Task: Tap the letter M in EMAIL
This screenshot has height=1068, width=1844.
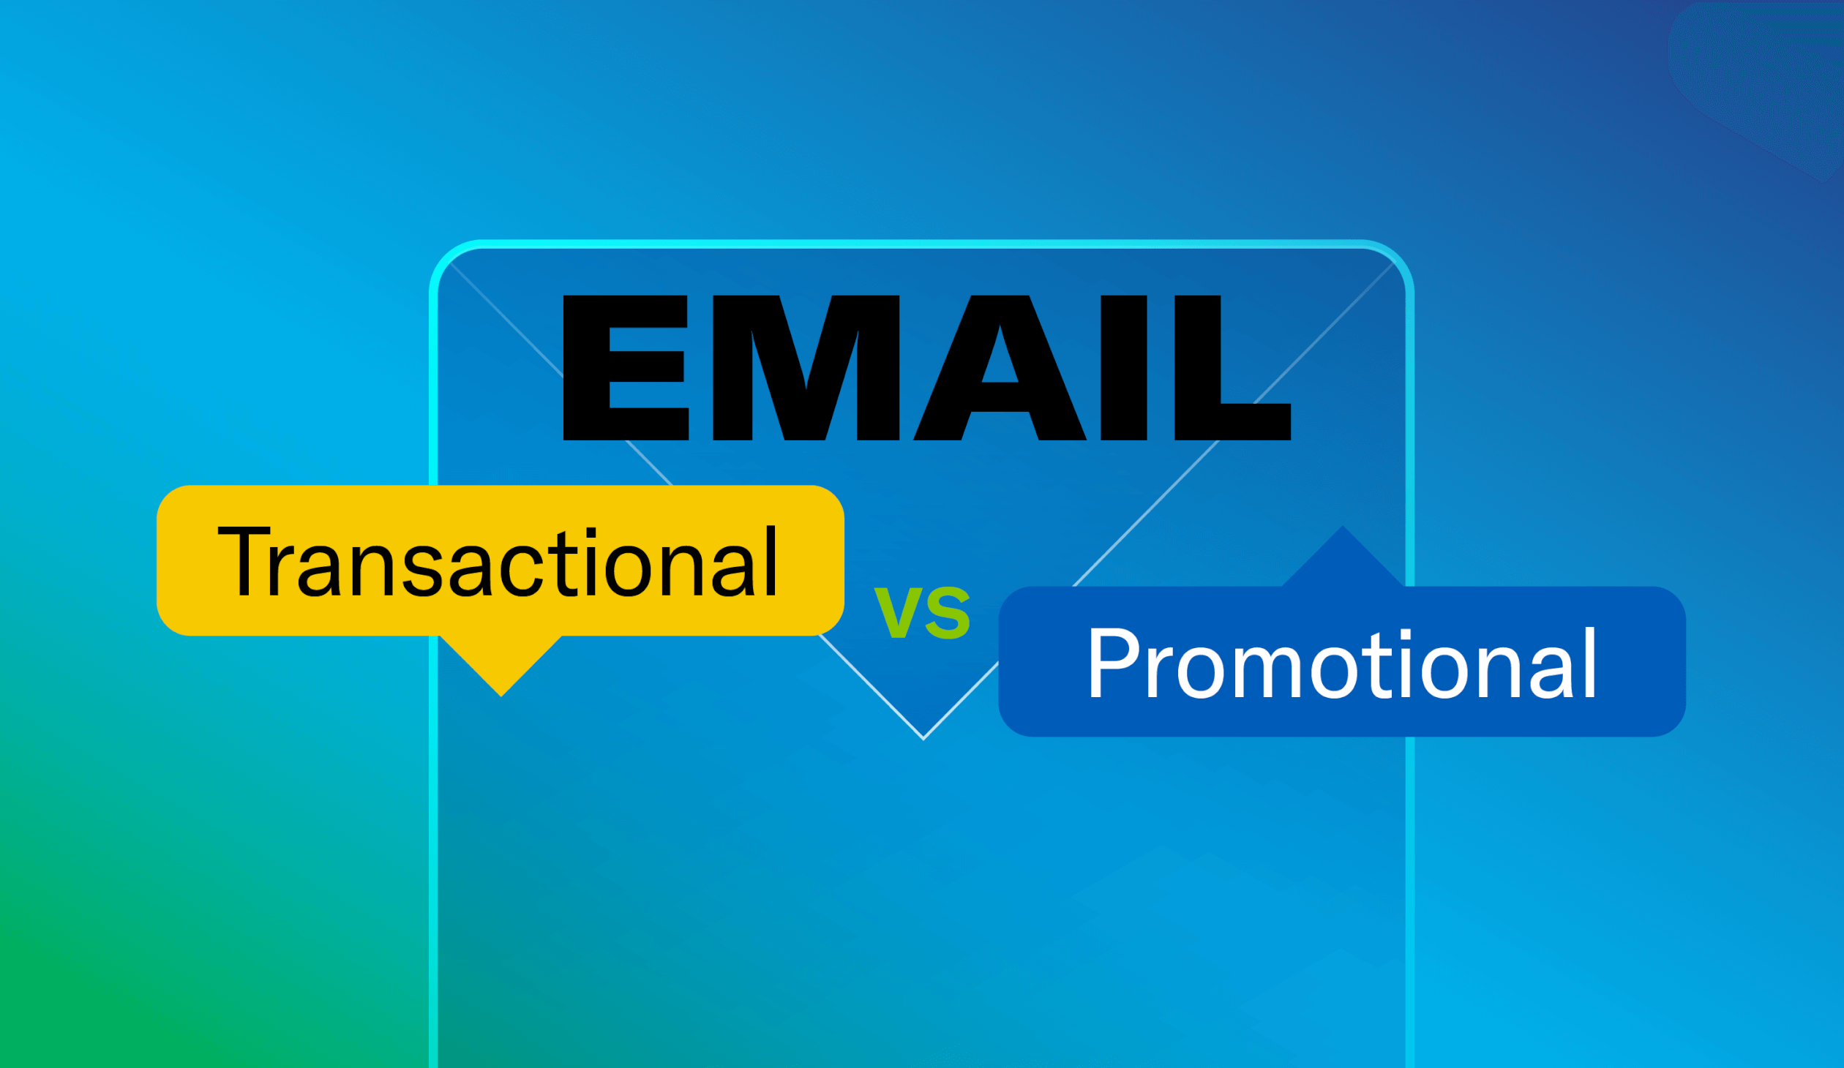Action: click(805, 367)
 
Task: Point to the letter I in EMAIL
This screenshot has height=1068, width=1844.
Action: click(1123, 367)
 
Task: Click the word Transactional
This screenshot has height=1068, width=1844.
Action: click(498, 562)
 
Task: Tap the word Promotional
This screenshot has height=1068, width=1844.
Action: click(1342, 663)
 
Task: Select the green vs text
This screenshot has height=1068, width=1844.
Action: click(922, 612)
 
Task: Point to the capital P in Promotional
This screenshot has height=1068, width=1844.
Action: click(1112, 663)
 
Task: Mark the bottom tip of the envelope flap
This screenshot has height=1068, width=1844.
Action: click(923, 737)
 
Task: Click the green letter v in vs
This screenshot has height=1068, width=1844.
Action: click(899, 613)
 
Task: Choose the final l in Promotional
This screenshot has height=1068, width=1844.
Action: click(1589, 663)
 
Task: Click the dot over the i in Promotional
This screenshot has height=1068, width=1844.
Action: click(1406, 635)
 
